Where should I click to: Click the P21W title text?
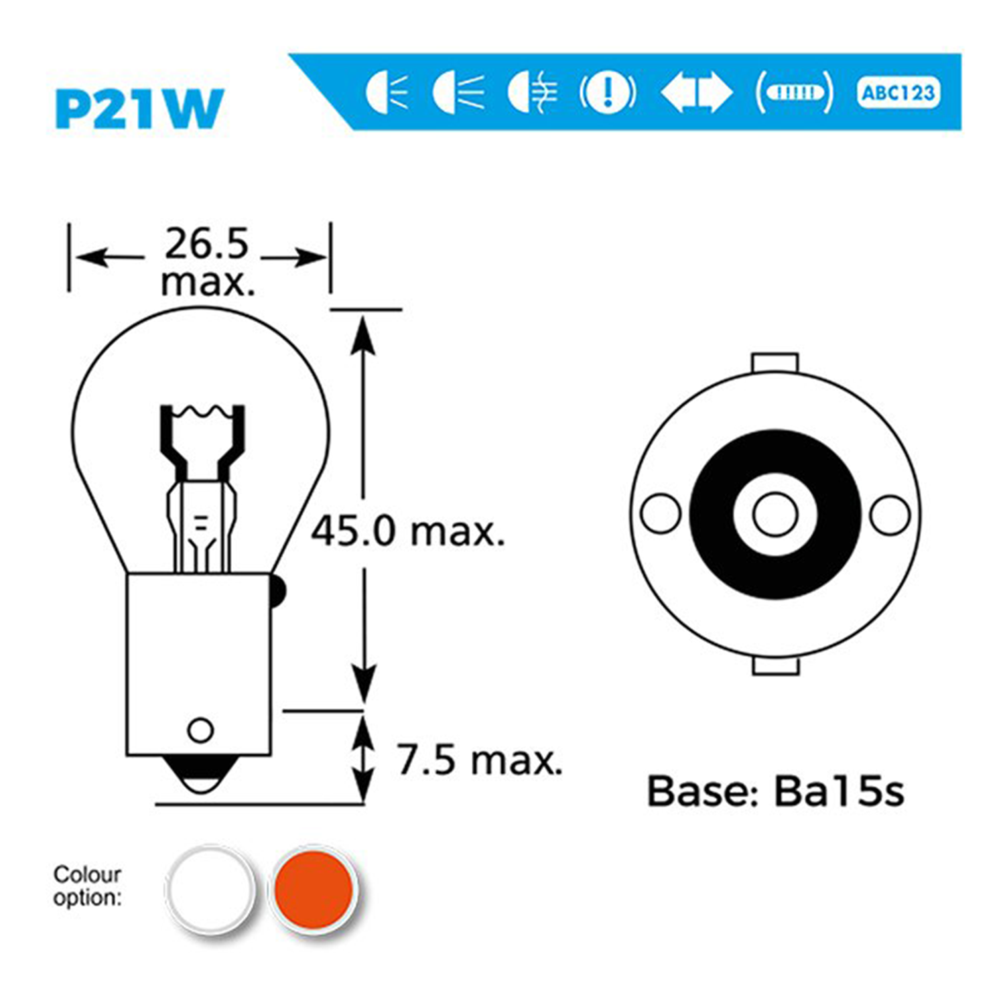point(139,109)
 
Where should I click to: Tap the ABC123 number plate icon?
point(898,92)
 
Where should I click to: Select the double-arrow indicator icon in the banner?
point(696,92)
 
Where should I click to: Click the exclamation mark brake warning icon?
point(608,92)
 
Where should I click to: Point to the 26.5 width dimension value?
point(206,244)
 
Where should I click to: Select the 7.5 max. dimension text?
point(479,760)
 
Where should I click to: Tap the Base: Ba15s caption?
point(775,791)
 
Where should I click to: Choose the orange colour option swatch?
point(313,890)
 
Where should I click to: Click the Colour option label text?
point(87,886)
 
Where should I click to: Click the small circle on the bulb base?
point(201,730)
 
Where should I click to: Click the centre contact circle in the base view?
point(775,515)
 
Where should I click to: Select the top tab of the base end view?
point(775,363)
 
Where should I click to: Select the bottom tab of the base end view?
point(776,665)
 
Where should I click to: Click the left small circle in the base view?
point(661,514)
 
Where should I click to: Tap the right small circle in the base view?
point(890,515)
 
